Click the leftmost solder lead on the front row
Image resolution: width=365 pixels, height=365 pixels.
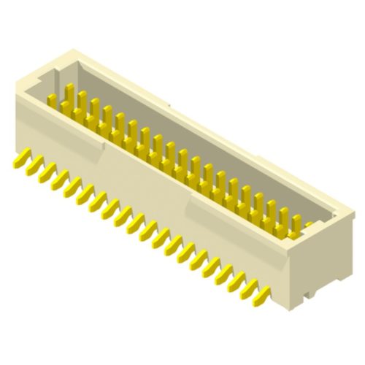pyautogui.click(x=20, y=158)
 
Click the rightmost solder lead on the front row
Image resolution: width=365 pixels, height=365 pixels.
pyautogui.click(x=261, y=295)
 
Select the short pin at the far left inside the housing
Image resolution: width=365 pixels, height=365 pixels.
pyautogui.click(x=53, y=100)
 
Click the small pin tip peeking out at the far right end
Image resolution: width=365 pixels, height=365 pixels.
pyautogui.click(x=310, y=225)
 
